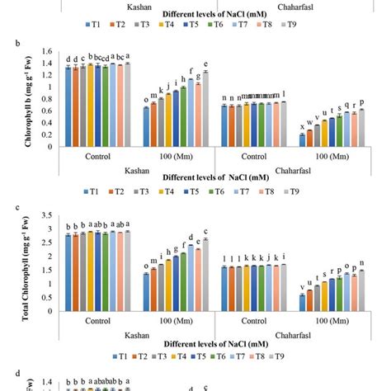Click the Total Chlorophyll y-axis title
11,266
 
